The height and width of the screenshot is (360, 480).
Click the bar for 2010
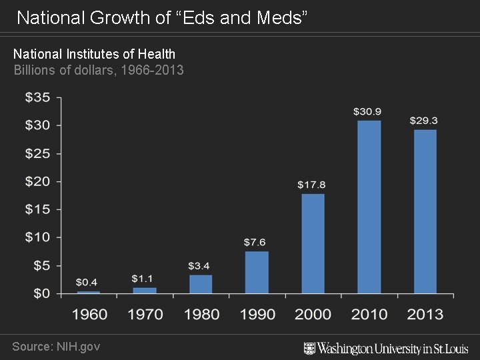[x=369, y=207]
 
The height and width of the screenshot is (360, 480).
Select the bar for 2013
[x=425, y=211]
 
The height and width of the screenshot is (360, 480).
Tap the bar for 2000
[x=313, y=243]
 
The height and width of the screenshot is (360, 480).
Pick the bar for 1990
[x=257, y=272]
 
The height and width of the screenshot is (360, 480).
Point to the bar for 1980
[x=201, y=284]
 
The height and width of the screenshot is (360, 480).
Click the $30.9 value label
[x=367, y=111]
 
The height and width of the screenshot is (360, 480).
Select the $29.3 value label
[x=423, y=121]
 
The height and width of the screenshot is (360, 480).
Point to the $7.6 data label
[x=255, y=241]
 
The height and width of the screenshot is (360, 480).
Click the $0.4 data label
[x=87, y=283]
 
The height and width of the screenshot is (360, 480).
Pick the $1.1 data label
[x=143, y=278]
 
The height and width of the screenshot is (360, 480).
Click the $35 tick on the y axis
[x=37, y=97]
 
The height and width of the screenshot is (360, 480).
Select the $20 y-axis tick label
[x=37, y=181]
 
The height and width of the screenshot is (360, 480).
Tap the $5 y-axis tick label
[x=41, y=265]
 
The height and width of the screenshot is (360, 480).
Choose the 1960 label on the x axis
[x=89, y=314]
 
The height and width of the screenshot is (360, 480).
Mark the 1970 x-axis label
[x=145, y=314]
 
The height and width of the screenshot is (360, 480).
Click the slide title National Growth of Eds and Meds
[x=162, y=18]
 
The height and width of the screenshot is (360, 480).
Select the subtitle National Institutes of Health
[x=94, y=54]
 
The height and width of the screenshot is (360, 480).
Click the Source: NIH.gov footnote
[x=56, y=347]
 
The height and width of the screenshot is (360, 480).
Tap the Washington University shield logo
[x=309, y=348]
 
